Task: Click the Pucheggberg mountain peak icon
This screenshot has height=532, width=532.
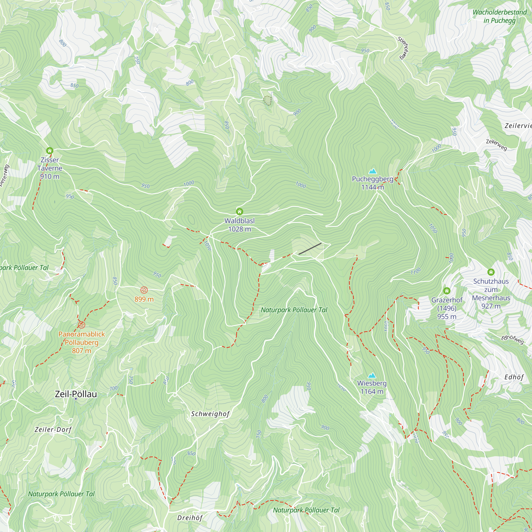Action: (x=373, y=171)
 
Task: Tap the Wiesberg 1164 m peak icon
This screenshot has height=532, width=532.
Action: (x=372, y=376)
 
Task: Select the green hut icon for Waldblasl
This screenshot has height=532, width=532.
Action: (x=240, y=211)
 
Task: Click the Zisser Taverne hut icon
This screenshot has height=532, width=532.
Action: (x=49, y=151)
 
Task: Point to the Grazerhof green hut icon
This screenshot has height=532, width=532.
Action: (x=447, y=291)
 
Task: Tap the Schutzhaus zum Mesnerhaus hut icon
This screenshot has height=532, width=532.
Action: (x=491, y=272)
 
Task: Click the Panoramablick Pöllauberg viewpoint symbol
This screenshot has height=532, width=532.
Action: (x=81, y=325)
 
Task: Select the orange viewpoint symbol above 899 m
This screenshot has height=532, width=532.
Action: (x=144, y=290)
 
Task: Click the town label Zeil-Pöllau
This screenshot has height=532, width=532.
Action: (x=76, y=394)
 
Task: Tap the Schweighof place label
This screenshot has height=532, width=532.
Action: (x=210, y=414)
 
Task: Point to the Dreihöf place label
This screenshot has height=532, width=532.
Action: (x=190, y=518)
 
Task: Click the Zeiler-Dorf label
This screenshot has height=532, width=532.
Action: (x=53, y=430)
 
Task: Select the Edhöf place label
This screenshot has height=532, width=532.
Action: (x=514, y=377)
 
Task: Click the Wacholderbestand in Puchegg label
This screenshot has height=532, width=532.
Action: (x=500, y=16)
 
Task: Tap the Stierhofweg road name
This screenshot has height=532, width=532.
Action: (x=403, y=48)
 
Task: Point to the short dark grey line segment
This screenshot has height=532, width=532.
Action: (x=310, y=249)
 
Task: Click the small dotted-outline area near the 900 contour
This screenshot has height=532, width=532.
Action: (x=267, y=100)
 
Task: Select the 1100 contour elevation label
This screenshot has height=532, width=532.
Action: (x=415, y=271)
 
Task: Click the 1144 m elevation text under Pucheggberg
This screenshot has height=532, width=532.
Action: (x=373, y=187)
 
